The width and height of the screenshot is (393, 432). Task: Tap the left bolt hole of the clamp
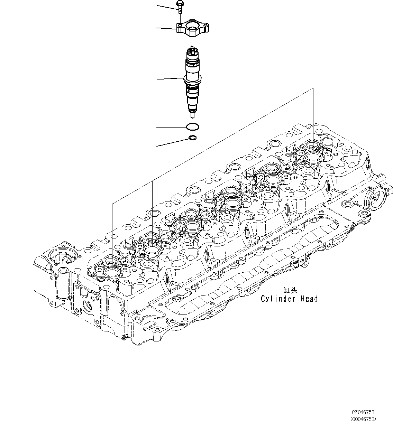(180, 25)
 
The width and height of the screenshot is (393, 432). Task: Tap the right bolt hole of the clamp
(206, 25)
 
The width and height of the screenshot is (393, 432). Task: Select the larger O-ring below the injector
(192, 127)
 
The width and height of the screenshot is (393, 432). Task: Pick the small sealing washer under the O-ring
(192, 139)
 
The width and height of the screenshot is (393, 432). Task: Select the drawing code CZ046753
(363, 412)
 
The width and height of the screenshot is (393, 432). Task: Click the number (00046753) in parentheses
(363, 419)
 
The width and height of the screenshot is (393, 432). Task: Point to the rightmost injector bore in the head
(313, 156)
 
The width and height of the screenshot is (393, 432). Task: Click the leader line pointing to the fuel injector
(170, 79)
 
